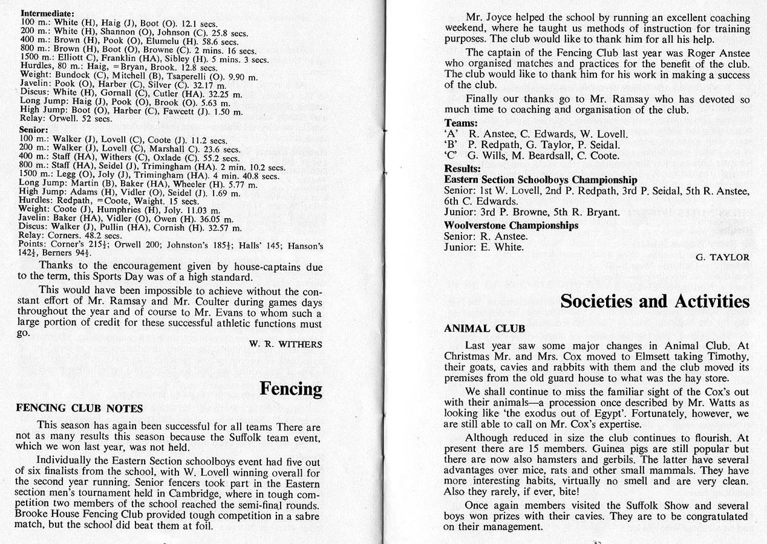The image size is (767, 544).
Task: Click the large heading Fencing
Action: click(x=291, y=388)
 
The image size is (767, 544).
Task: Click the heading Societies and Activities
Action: click(x=654, y=301)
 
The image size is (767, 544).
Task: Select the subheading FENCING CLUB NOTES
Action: click(x=79, y=408)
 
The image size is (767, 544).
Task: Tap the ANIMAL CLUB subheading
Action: click(x=485, y=329)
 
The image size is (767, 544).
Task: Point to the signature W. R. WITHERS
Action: click(x=286, y=344)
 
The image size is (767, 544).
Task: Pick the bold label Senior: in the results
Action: click(x=34, y=129)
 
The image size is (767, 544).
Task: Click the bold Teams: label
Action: click(x=461, y=123)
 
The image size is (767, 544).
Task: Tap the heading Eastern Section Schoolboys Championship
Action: click(x=541, y=180)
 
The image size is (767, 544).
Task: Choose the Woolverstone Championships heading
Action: click(x=511, y=225)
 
